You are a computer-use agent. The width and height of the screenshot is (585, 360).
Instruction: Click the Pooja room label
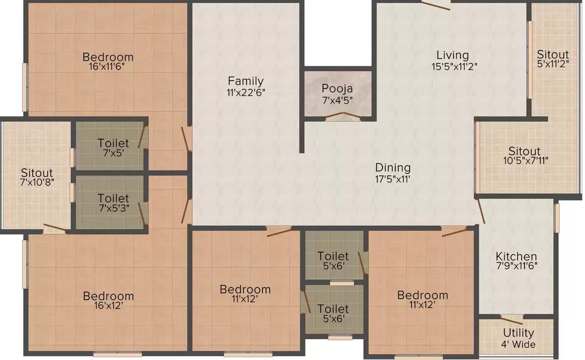pyautogui.click(x=337, y=89)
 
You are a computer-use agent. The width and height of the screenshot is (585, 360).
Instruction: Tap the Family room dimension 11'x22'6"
pyautogui.click(x=246, y=92)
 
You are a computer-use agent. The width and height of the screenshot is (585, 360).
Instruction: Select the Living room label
pyautogui.click(x=452, y=55)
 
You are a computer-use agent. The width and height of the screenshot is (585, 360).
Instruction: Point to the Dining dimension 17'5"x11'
pyautogui.click(x=393, y=178)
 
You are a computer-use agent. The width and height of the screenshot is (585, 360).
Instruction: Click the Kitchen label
pyautogui.click(x=517, y=256)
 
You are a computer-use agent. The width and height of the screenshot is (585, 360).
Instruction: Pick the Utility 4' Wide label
pyautogui.click(x=518, y=338)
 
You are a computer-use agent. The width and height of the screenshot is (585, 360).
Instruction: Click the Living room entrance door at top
pyautogui.click(x=435, y=5)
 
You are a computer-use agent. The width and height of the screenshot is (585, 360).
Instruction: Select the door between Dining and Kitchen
pyautogui.click(x=480, y=211)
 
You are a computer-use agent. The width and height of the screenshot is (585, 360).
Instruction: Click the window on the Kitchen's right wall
pyautogui.click(x=556, y=218)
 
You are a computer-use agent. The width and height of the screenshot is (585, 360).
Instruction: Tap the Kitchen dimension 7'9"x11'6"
pyautogui.click(x=517, y=265)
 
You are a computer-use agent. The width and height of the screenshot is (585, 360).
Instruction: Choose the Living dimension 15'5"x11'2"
pyautogui.click(x=454, y=66)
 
